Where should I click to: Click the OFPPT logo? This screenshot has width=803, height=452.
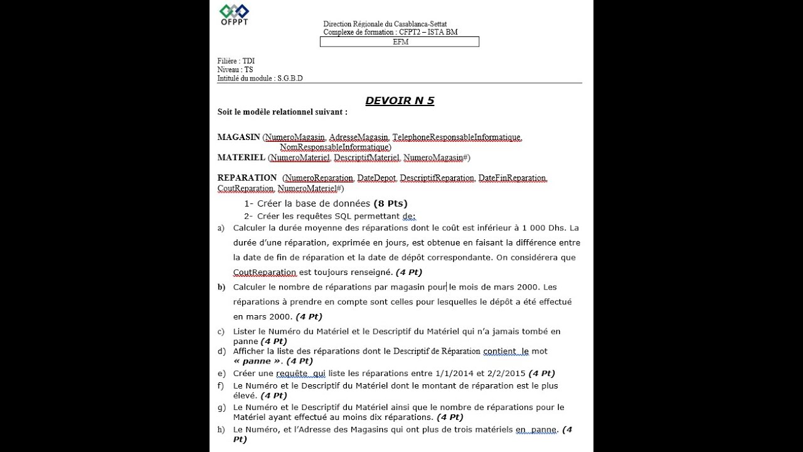coord(234,14)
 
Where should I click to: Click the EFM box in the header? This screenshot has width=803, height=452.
coord(400,42)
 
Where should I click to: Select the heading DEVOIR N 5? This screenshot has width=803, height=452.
coord(400,100)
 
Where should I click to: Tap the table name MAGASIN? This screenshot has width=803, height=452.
coord(238,137)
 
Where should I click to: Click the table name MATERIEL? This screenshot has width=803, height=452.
coord(241,158)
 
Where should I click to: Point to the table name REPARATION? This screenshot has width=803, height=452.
coord(247,178)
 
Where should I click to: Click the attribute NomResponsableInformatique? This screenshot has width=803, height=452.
coord(334,147)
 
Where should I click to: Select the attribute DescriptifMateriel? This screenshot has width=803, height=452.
coord(366,158)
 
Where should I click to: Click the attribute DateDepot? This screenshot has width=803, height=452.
coord(376,178)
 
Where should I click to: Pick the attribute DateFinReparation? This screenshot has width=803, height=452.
coord(512,178)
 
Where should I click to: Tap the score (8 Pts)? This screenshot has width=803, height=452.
coord(390,203)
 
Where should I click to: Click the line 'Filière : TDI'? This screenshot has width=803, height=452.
coord(236,61)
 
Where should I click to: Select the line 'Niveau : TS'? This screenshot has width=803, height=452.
coord(235,70)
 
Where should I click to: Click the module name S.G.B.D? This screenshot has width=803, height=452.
coord(290,78)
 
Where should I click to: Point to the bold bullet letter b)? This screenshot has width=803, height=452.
coord(221,287)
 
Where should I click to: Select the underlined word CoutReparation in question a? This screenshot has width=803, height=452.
coord(265,272)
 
